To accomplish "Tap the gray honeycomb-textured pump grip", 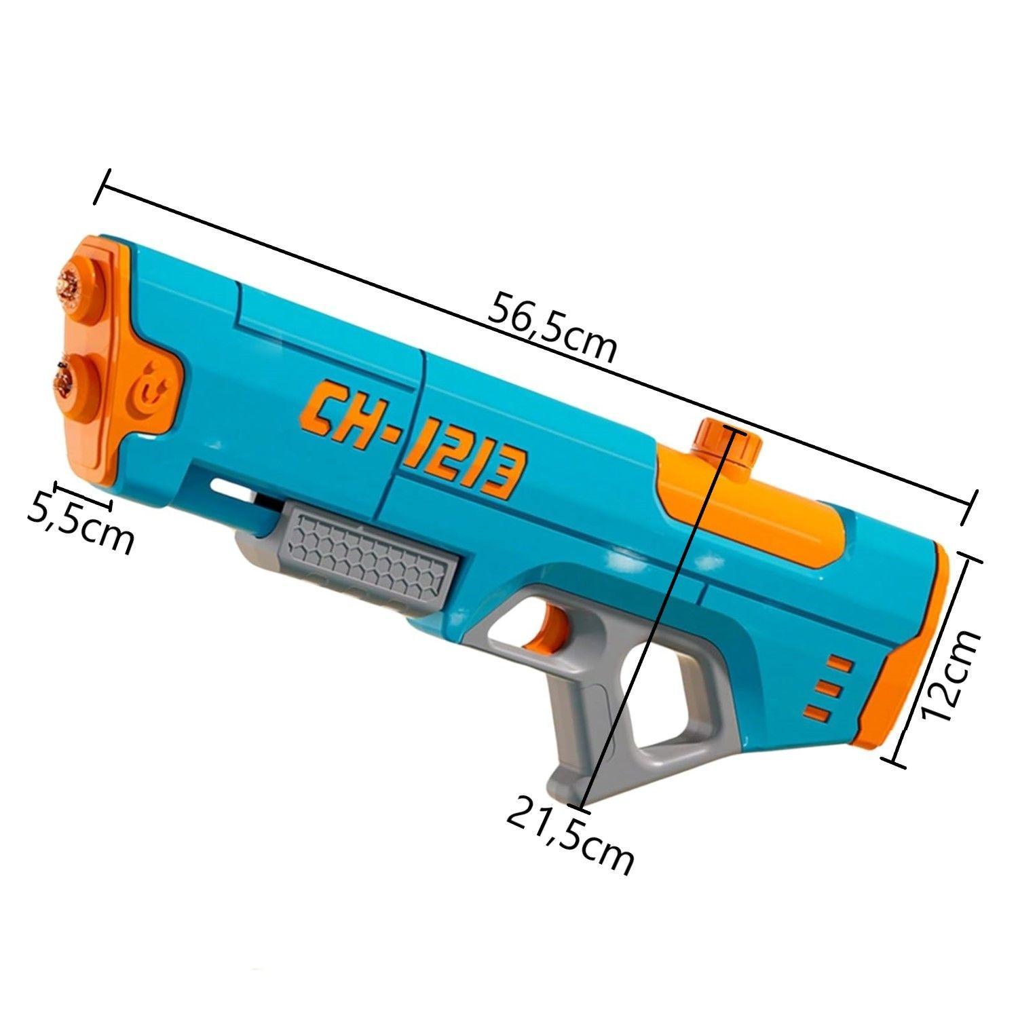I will [x=370, y=552].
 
